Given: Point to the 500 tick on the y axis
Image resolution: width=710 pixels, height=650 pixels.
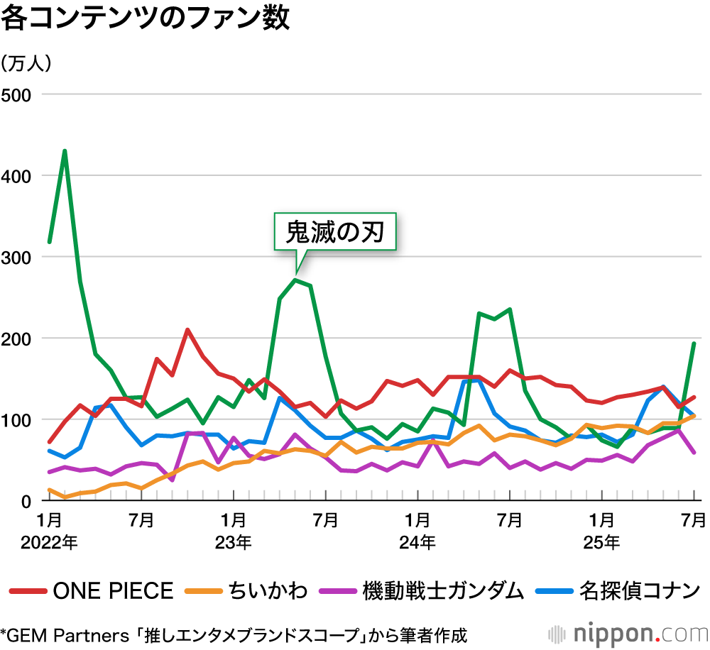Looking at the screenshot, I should point(16,94).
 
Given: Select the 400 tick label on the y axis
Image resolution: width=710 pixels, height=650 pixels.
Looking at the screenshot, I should point(16,175).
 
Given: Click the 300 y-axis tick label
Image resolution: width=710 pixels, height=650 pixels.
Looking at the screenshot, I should point(16,257).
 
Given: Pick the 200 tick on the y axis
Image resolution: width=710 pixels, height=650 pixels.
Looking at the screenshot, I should point(16,338).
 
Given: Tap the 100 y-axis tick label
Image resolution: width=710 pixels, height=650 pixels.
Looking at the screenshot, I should point(16,419).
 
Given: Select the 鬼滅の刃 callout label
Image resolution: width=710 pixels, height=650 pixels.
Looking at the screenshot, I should point(334,231).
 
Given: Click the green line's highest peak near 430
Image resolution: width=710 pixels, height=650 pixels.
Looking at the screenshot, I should point(65,151).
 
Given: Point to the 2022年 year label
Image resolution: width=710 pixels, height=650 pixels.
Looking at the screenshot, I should point(49,543).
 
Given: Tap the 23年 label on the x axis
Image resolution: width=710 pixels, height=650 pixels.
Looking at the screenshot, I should point(233,543).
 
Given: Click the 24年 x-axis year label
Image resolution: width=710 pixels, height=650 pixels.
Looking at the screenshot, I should point(417,543).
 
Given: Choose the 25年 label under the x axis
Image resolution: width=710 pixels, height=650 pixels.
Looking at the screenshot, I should point(601,543).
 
